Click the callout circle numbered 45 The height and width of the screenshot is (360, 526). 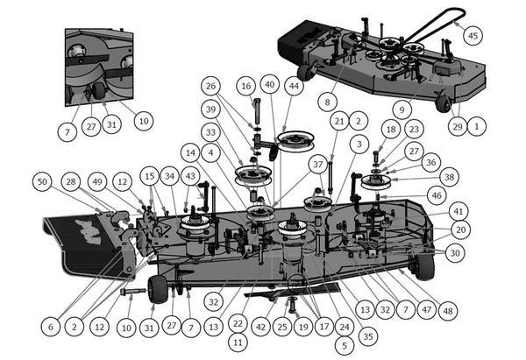tap(474, 36)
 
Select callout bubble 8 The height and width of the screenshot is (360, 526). tap(328, 102)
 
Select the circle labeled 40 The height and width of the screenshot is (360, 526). tap(269, 86)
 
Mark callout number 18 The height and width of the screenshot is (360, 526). tap(391, 130)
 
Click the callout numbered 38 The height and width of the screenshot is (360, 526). tap(451, 176)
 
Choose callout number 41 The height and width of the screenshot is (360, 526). tap(458, 211)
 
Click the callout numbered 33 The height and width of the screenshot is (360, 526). tap(211, 132)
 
